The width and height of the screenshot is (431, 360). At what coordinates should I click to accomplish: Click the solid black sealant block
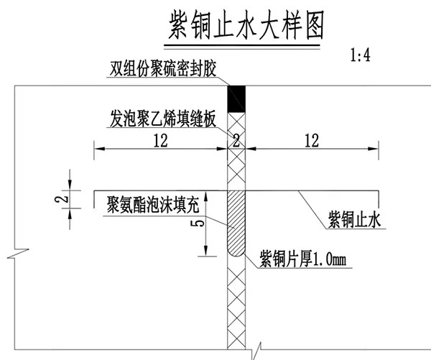tap(236, 99)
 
